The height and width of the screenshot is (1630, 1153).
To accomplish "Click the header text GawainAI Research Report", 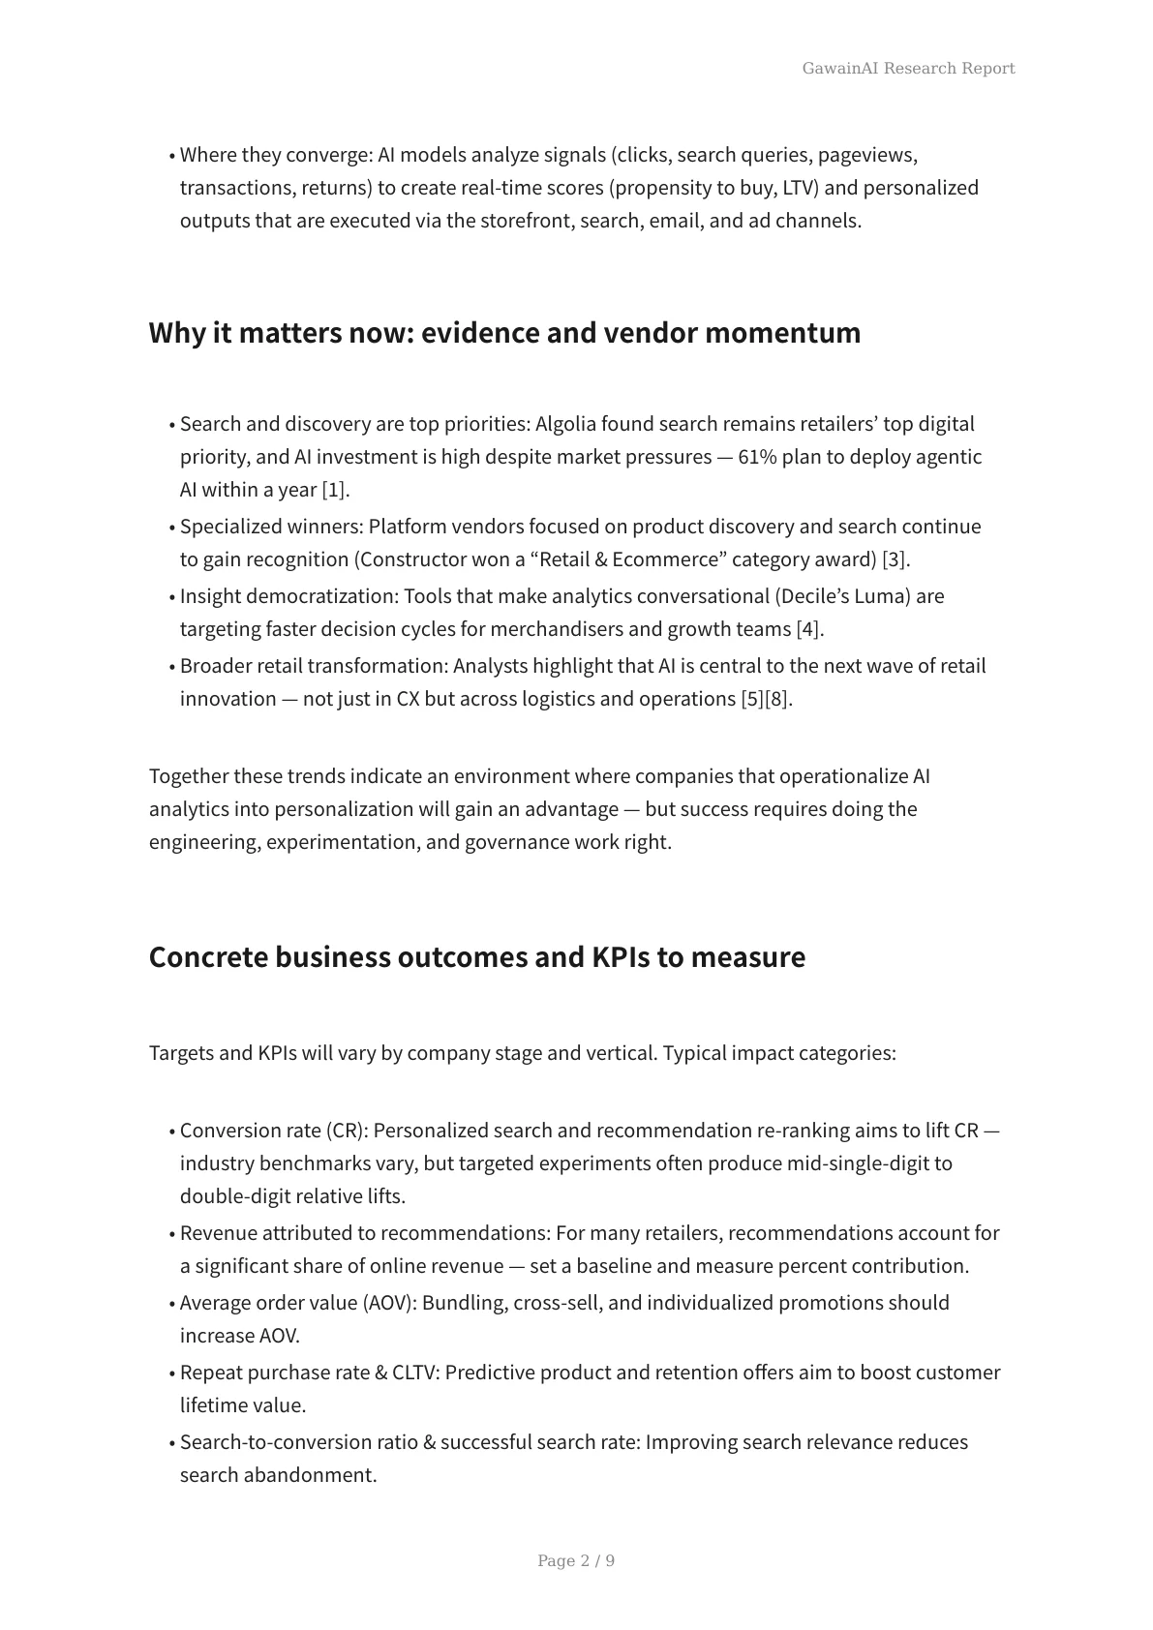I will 908,68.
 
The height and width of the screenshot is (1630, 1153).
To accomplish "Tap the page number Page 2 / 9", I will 576,1560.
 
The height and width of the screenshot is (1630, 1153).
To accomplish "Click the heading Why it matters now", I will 504,332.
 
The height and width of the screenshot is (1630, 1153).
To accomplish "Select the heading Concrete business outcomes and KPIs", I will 476,956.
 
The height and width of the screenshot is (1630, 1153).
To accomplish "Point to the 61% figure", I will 757,457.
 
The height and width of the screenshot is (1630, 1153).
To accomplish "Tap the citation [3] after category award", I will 895,559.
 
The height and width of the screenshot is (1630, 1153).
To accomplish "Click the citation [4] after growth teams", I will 809,629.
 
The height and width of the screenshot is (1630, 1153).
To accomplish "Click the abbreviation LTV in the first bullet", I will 798,188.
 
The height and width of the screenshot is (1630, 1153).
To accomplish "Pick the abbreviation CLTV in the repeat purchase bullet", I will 415,1373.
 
